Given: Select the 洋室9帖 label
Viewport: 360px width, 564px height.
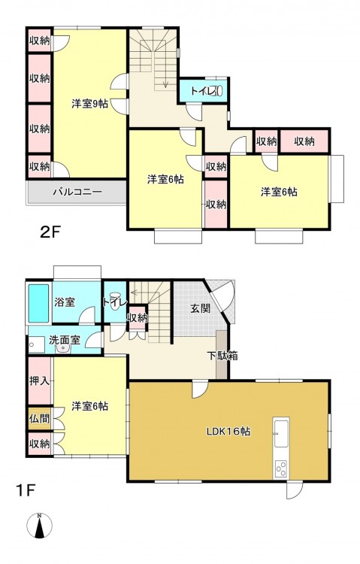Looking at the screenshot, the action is coord(89,104).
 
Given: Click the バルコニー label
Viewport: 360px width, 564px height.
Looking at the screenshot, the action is coord(77,192).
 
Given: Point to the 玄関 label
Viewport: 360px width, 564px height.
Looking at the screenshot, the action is coord(200,308).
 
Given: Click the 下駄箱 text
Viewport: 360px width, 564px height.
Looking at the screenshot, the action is coord(222,356).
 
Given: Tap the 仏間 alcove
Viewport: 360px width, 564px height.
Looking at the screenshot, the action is coord(40,418).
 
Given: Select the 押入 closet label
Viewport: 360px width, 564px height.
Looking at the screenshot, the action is coord(39,381).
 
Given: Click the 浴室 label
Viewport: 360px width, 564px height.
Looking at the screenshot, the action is coord(65,302).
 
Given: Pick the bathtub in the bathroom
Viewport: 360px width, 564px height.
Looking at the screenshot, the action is coord(38,303).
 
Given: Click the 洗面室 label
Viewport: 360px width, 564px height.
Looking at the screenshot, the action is coord(65,340).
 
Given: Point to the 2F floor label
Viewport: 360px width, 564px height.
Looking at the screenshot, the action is coord(50,232).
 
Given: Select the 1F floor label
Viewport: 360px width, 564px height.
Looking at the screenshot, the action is coord(25,490).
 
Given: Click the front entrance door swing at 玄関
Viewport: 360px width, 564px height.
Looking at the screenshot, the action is coord(223,297).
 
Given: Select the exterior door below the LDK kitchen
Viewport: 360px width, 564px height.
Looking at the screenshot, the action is coord(295,490).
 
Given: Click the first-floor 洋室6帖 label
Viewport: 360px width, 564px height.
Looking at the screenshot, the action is coord(89,406).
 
